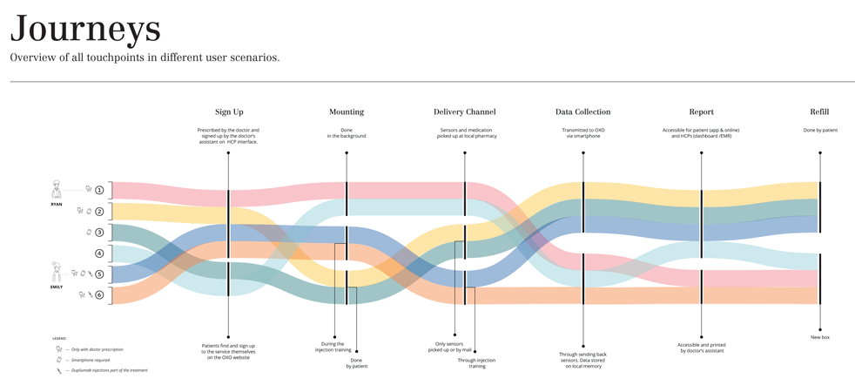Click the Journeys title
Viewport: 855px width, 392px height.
pyautogui.click(x=85, y=29)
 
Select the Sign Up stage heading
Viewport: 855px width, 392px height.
pyautogui.click(x=229, y=112)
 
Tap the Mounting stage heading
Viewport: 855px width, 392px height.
pyautogui.click(x=347, y=112)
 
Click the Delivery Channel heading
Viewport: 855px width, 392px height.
pyautogui.click(x=464, y=112)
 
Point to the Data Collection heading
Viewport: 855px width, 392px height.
pyautogui.click(x=582, y=112)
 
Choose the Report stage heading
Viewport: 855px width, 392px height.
pyautogui.click(x=701, y=112)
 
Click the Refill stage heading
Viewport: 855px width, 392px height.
pyautogui.click(x=819, y=112)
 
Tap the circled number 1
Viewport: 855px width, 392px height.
pyautogui.click(x=100, y=190)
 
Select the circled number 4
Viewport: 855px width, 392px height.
pyautogui.click(x=100, y=253)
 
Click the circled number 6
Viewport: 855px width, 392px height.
pyautogui.click(x=100, y=295)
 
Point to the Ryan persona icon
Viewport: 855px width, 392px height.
pyautogui.click(x=57, y=189)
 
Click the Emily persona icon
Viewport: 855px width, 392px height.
pyautogui.click(x=57, y=271)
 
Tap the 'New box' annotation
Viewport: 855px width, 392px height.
pyautogui.click(x=819, y=337)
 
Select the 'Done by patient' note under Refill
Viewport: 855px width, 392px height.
pyautogui.click(x=819, y=131)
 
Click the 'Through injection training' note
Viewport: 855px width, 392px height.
pyautogui.click(x=476, y=362)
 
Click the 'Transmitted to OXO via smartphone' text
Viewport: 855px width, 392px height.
pyautogui.click(x=582, y=133)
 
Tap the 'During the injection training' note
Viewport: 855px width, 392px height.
pyautogui.click(x=333, y=347)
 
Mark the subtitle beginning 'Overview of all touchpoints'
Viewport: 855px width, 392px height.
pyautogui.click(x=145, y=57)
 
